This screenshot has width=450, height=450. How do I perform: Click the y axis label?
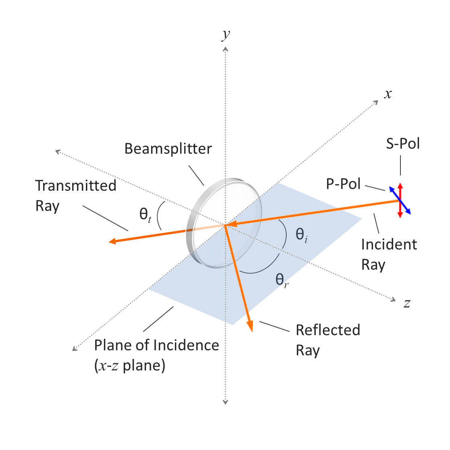click(x=226, y=35)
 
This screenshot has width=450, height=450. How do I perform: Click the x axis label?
click(x=388, y=94)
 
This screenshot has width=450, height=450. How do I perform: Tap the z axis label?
click(x=407, y=303)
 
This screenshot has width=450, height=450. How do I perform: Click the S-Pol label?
click(x=403, y=144)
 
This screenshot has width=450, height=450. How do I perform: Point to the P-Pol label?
click(x=343, y=184)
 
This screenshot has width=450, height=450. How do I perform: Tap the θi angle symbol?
click(x=302, y=235)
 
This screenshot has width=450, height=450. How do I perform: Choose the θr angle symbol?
click(x=282, y=280)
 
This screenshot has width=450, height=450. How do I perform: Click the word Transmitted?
click(x=76, y=185)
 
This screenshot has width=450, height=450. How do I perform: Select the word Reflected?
click(x=328, y=330)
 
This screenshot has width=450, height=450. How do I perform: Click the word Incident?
click(x=389, y=245)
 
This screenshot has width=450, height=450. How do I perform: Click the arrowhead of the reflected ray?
click(x=250, y=327)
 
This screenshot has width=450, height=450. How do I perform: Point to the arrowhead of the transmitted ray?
click(x=112, y=241)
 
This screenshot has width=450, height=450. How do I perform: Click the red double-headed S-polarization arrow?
click(x=400, y=200)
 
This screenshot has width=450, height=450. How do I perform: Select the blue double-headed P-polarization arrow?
click(x=400, y=200)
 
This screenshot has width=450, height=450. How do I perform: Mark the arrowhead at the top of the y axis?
click(x=225, y=49)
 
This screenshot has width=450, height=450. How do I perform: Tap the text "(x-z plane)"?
click(x=130, y=366)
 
